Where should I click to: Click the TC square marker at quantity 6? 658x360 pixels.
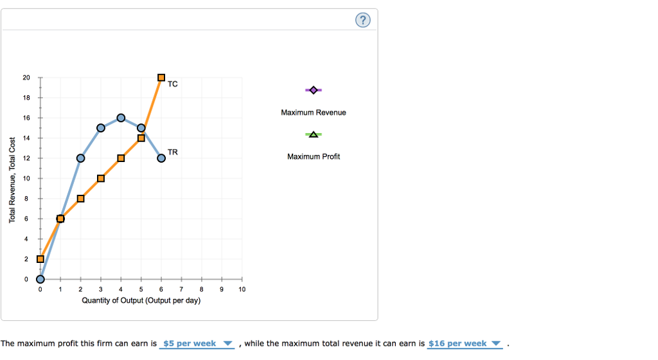pyautogui.click(x=161, y=78)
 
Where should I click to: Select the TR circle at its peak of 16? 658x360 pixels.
pyautogui.click(x=121, y=118)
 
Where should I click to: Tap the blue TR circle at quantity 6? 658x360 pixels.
pyautogui.click(x=161, y=158)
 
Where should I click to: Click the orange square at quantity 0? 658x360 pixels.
pyautogui.click(x=40, y=259)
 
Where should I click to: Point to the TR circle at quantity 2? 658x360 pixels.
pyautogui.click(x=80, y=158)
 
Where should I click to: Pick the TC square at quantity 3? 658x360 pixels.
pyautogui.click(x=101, y=178)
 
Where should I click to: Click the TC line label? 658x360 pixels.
pyautogui.click(x=172, y=84)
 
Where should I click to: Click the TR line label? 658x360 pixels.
pyautogui.click(x=172, y=152)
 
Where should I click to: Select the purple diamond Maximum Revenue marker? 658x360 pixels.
pyautogui.click(x=313, y=90)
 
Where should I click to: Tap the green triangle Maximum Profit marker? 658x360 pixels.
pyautogui.click(x=313, y=134)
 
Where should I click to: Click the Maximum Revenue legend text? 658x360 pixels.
pyautogui.click(x=313, y=113)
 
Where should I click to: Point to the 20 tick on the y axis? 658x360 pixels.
pyautogui.click(x=26, y=78)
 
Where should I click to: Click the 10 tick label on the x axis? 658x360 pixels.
pyautogui.click(x=242, y=290)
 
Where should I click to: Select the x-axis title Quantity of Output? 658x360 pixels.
pyautogui.click(x=141, y=300)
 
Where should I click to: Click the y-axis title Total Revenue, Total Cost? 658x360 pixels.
pyautogui.click(x=12, y=180)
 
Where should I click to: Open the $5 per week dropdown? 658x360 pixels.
pyautogui.click(x=197, y=343)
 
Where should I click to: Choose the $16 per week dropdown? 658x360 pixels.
pyautogui.click(x=464, y=343)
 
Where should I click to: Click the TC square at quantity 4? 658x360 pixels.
pyautogui.click(x=121, y=158)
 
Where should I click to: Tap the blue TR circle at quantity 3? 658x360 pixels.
pyautogui.click(x=101, y=128)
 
